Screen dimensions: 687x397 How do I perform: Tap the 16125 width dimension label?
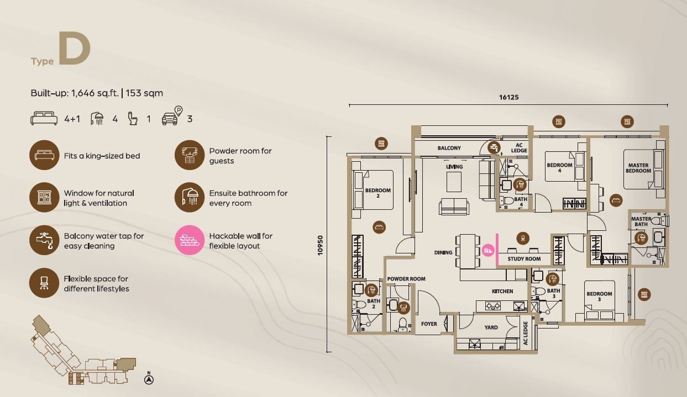(x=509, y=97)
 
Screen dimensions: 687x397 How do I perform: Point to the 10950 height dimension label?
(x=320, y=245)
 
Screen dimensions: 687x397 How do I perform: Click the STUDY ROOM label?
(x=524, y=259)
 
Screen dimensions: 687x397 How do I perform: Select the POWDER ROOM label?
(x=406, y=279)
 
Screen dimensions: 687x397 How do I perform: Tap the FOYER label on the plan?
(x=429, y=324)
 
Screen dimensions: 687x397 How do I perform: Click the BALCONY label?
(x=449, y=149)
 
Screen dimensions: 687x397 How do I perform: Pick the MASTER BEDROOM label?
(x=638, y=168)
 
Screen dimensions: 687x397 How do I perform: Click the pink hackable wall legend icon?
(x=189, y=240)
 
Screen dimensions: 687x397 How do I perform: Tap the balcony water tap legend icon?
(x=44, y=240)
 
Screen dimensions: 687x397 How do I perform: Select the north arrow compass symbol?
(x=149, y=379)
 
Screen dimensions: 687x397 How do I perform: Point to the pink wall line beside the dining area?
(x=497, y=250)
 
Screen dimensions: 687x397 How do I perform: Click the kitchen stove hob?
(x=493, y=306)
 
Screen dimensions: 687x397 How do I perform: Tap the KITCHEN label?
(x=502, y=292)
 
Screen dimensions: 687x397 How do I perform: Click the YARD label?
(x=491, y=327)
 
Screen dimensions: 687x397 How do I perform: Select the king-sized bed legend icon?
(x=44, y=155)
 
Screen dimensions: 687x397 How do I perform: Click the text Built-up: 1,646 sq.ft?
(x=75, y=93)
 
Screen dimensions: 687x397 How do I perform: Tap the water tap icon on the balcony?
(x=494, y=147)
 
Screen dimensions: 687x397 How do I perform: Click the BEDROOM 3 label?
(x=599, y=297)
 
